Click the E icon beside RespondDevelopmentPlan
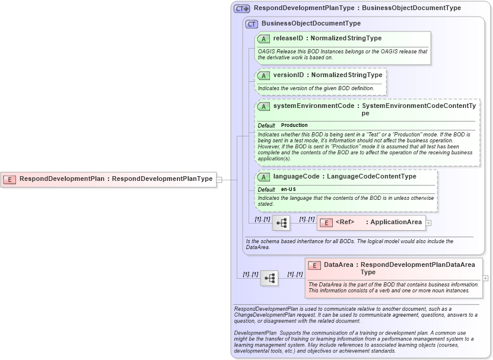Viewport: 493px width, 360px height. click(9, 179)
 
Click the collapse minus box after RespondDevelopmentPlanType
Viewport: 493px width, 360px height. click(220, 179)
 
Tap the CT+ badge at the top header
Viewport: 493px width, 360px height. click(241, 9)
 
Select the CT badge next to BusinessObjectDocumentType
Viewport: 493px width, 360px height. click(252, 24)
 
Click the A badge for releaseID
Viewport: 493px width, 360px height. click(263, 39)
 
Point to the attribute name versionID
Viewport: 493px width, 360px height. click(288, 75)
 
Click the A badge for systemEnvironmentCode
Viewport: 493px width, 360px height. click(263, 106)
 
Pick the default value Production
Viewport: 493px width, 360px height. click(294, 125)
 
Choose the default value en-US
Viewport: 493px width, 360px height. click(289, 189)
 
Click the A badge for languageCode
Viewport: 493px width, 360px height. click(263, 177)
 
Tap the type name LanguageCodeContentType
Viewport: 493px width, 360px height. click(371, 177)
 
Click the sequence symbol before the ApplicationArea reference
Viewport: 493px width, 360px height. click(281, 223)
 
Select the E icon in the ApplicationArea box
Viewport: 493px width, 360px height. click(326, 222)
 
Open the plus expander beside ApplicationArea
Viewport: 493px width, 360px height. click(428, 223)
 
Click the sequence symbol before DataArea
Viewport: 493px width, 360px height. click(269, 278)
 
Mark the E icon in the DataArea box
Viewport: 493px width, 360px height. click(314, 265)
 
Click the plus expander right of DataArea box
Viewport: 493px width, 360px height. click(486, 278)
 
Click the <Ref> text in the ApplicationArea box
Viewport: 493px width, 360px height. click(345, 222)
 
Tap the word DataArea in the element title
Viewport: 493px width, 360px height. click(339, 265)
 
